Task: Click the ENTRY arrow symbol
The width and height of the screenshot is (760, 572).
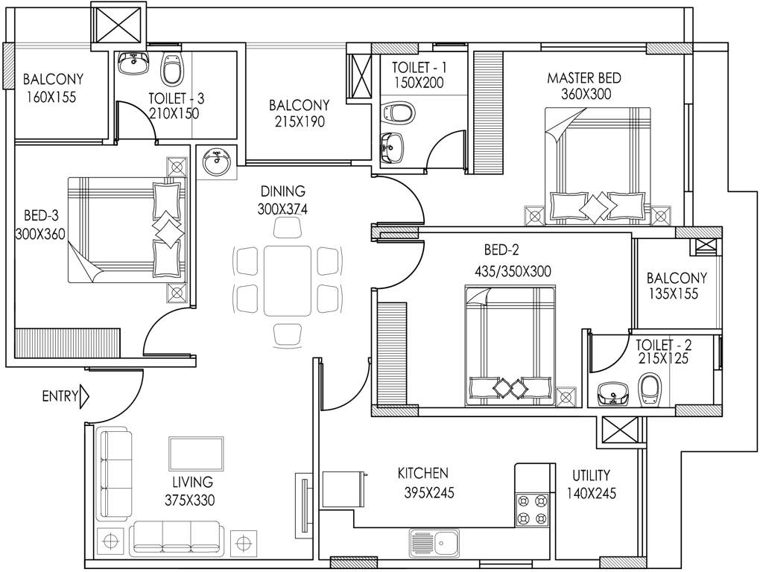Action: click(x=83, y=396)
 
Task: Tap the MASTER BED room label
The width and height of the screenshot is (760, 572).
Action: click(x=584, y=78)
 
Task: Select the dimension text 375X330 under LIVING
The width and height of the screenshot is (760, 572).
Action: click(x=189, y=500)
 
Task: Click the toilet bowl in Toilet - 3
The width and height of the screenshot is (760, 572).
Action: click(x=172, y=69)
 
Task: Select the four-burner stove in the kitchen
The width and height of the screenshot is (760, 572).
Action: click(x=532, y=509)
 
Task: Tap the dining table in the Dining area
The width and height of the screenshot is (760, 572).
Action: click(x=286, y=280)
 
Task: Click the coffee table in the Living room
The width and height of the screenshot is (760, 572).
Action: click(x=196, y=454)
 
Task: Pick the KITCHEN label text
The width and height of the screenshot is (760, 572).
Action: click(x=422, y=474)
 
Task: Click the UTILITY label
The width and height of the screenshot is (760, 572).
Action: click(x=591, y=475)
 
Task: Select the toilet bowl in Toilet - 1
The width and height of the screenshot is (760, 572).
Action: click(x=396, y=114)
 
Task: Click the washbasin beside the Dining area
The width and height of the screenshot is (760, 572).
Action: click(x=217, y=162)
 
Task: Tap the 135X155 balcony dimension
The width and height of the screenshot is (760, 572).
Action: click(x=672, y=293)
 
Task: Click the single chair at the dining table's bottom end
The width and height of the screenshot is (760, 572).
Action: click(x=287, y=334)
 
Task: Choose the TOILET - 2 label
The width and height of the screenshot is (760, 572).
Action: click(x=663, y=345)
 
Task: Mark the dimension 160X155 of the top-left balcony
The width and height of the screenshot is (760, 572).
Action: click(x=50, y=97)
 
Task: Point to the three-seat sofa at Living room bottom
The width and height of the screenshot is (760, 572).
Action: click(x=176, y=538)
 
